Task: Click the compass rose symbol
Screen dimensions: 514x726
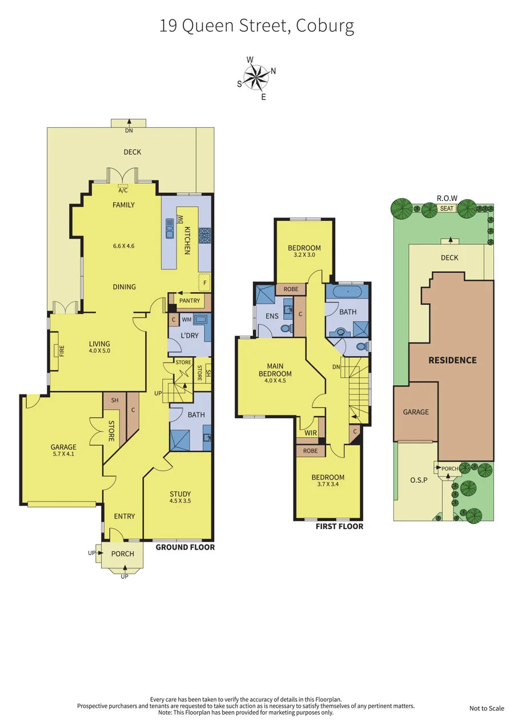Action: [256, 77]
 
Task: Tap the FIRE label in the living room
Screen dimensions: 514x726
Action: [62, 350]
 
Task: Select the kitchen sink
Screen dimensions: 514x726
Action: [169, 228]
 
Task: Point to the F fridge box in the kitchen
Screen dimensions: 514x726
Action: [204, 283]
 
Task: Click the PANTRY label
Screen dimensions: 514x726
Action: [190, 300]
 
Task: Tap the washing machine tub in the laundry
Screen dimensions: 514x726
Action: [200, 320]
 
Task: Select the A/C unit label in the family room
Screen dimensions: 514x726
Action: [123, 191]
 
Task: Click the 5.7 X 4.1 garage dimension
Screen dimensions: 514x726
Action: [63, 454]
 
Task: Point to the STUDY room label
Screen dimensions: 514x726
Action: [180, 494]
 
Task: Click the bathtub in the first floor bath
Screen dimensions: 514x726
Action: [348, 292]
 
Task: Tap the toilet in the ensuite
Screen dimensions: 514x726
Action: [286, 329]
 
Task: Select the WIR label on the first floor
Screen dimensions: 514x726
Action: [310, 433]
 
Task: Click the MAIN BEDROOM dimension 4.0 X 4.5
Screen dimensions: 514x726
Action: [275, 381]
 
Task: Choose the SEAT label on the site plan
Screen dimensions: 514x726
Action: [447, 208]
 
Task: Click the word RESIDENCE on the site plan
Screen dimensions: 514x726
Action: [452, 360]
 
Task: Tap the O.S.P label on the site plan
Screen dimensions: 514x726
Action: [419, 480]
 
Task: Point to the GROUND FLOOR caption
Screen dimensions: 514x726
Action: [185, 547]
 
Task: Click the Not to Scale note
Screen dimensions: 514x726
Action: [487, 708]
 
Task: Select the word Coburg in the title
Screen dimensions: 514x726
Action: [324, 27]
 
